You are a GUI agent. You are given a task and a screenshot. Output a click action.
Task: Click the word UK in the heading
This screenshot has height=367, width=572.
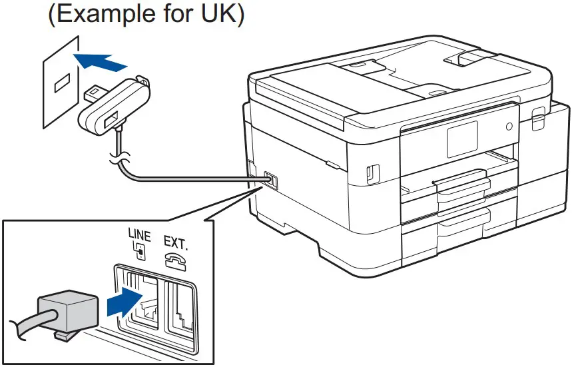click(x=214, y=15)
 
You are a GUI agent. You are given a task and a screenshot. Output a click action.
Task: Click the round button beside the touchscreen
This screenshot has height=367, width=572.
click(x=509, y=126)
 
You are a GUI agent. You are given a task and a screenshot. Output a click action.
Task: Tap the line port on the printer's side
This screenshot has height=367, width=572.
click(x=270, y=180)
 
